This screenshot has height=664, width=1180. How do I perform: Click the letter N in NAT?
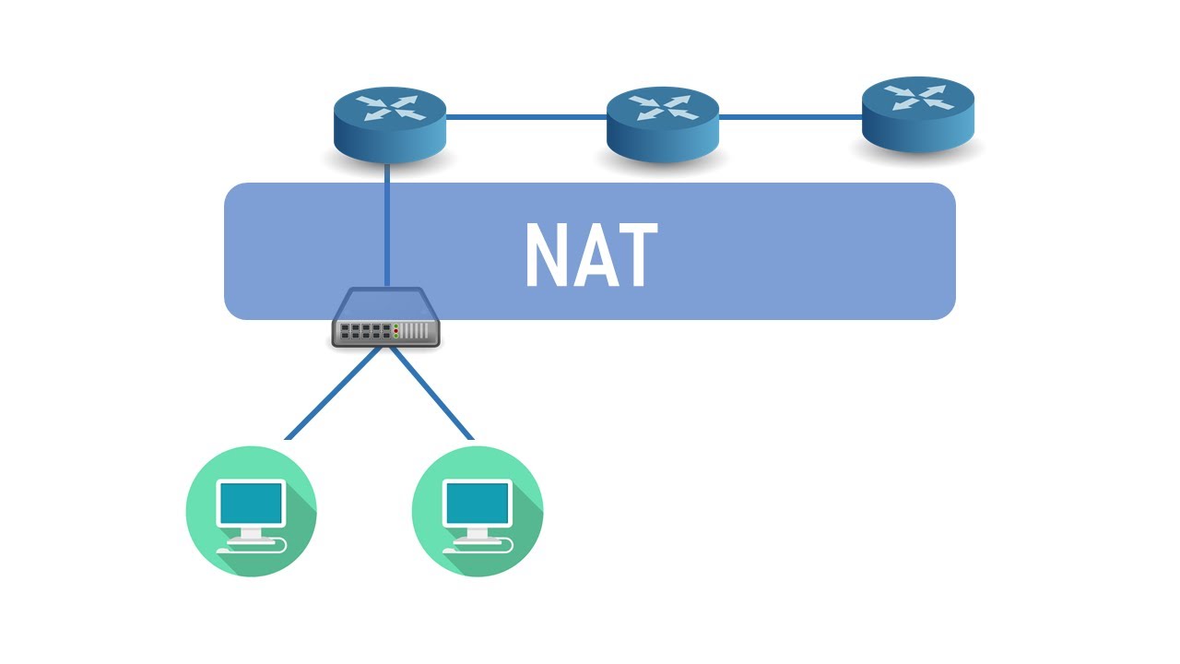[x=546, y=256]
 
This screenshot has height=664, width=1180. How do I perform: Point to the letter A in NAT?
[x=591, y=256]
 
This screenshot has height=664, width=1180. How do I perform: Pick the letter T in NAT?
[x=635, y=256]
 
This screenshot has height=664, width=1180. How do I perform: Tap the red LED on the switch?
[x=396, y=327]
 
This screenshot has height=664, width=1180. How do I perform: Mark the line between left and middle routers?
[x=525, y=117]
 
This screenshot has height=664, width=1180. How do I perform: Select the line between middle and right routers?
[x=790, y=117]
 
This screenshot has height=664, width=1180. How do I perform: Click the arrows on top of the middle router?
[x=662, y=107]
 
